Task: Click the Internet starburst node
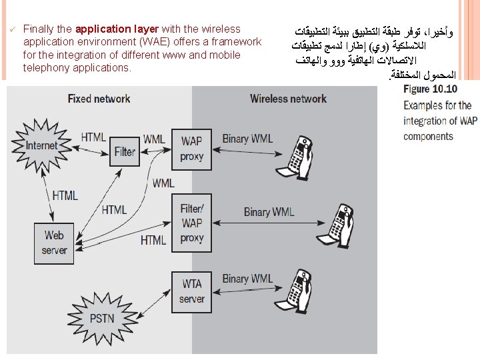[x=41, y=145]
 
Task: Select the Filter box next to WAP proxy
[x=125, y=151]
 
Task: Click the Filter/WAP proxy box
[x=192, y=223]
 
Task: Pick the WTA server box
[x=192, y=291]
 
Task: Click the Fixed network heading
[x=99, y=99]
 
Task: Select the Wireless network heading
[x=288, y=99]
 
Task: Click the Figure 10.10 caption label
[x=430, y=89]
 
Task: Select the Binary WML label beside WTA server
[x=247, y=279]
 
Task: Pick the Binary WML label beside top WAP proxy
[x=247, y=139]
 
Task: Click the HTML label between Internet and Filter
[x=93, y=137]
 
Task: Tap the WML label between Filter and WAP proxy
[x=154, y=139]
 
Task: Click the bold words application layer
[x=117, y=29]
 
